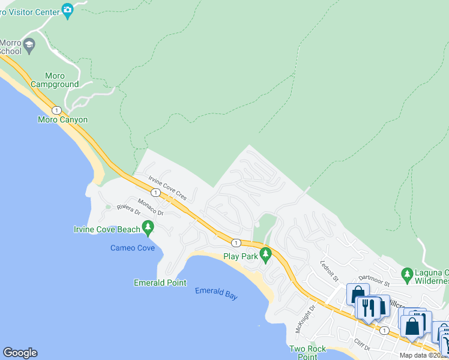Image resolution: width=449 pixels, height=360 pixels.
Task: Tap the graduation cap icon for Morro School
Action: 29,44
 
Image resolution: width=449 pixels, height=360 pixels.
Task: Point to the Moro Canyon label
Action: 62,119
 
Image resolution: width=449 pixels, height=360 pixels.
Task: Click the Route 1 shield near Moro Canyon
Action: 56,110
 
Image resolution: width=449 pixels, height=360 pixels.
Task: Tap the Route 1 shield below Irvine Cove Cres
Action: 155,192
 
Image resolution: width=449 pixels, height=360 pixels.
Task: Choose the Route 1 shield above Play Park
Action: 237,242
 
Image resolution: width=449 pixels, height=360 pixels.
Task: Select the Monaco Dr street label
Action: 150,207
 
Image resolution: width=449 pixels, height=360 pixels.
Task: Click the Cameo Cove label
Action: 132,248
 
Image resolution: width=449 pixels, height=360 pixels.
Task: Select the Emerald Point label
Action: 159,283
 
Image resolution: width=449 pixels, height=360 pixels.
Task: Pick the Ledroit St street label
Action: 330,271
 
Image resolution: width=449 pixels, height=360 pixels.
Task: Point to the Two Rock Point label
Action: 307,352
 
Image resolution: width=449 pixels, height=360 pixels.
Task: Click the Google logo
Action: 20,353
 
